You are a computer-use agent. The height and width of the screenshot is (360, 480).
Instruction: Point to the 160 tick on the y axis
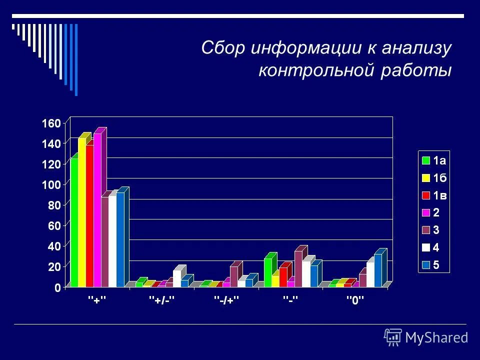coord(52,123)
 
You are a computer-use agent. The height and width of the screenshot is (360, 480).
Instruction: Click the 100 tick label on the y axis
coord(52,184)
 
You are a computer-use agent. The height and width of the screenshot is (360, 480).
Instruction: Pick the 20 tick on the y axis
coord(54,266)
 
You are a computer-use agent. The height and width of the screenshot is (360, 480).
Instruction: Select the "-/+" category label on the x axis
coord(227,300)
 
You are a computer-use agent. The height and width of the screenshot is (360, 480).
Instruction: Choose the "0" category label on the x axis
coord(356,300)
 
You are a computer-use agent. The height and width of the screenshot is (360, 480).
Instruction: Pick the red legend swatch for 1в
coord(426,195)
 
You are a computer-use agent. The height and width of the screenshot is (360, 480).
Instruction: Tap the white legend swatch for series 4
coord(426,247)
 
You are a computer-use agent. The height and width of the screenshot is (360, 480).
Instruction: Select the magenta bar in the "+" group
coord(97,210)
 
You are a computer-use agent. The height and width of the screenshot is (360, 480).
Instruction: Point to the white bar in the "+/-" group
coord(177,278)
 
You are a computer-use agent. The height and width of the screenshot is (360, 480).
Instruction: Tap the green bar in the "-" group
coord(267,272)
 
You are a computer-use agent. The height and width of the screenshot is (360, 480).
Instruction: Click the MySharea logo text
coord(436,337)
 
